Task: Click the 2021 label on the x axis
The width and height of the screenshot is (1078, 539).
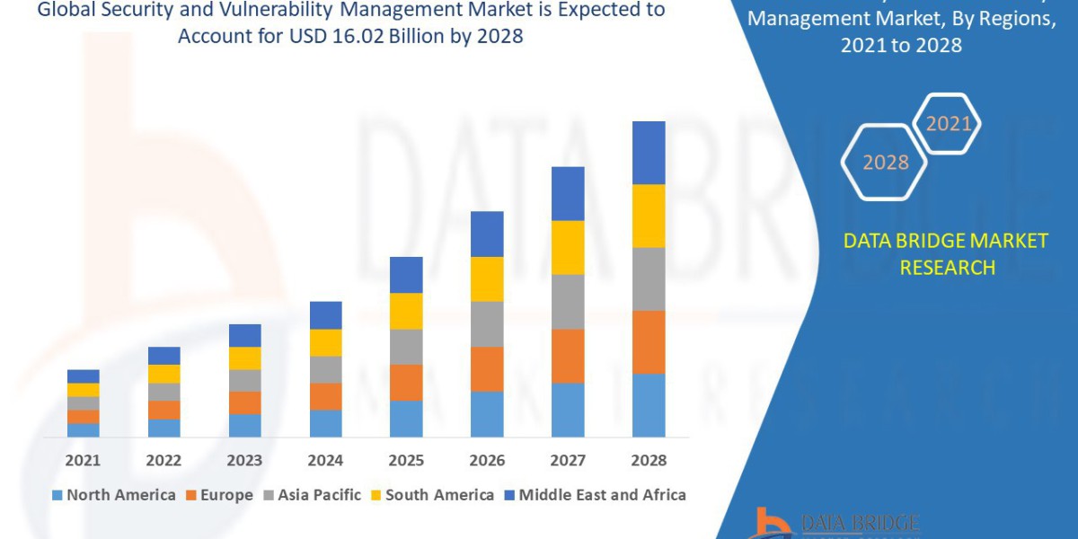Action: click(83, 460)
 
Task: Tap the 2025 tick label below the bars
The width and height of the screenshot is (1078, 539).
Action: click(406, 460)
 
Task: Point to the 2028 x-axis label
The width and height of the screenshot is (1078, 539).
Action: click(649, 460)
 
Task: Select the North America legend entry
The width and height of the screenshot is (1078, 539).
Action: click(114, 495)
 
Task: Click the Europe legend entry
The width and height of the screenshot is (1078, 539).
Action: click(221, 495)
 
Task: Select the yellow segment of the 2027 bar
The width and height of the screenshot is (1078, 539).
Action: click(568, 247)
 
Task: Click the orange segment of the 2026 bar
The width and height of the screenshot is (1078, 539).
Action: click(487, 368)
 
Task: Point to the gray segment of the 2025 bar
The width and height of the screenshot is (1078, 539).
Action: click(406, 347)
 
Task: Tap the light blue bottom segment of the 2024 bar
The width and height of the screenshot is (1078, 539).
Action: click(325, 423)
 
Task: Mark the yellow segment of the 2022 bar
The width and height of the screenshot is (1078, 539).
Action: click(163, 374)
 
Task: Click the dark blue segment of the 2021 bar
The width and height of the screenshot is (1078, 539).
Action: click(83, 376)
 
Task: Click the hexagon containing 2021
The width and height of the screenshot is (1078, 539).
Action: click(947, 124)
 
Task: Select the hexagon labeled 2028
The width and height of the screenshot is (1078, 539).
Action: click(885, 163)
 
